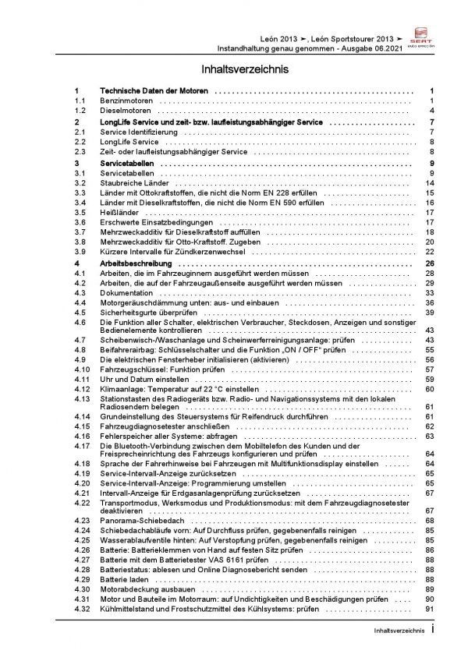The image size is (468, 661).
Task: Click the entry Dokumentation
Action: pos(128,292)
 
